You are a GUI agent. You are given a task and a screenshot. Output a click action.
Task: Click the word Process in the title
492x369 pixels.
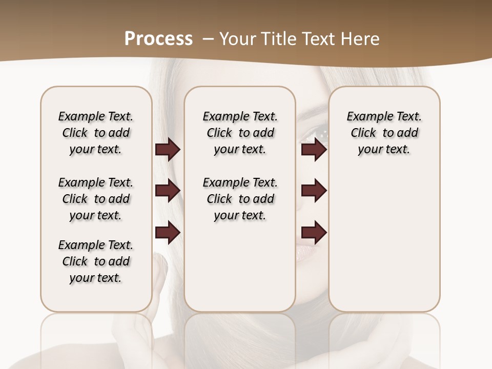[158, 38]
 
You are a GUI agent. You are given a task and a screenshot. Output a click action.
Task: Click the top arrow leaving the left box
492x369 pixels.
[168, 150]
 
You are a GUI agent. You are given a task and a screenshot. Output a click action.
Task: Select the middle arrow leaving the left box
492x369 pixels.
[168, 191]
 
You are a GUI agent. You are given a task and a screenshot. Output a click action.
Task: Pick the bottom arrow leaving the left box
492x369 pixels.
[168, 233]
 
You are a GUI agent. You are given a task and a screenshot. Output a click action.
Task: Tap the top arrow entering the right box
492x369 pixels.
[314, 150]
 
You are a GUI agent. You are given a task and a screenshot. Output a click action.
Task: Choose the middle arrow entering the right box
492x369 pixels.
[314, 191]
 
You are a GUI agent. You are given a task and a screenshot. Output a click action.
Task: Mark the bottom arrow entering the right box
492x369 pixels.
[314, 233]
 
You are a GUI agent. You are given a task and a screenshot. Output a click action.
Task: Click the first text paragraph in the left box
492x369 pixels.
[96, 133]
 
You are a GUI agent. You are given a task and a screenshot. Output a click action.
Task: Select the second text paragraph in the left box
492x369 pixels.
[96, 199]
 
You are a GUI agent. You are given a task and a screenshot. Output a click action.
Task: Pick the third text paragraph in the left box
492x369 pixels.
[96, 261]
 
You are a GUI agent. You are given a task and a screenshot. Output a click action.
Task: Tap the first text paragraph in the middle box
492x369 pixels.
[240, 133]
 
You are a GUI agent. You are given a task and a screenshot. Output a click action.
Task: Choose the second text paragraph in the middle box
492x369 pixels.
[240, 199]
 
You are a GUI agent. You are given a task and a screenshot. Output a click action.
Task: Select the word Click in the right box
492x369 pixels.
[363, 133]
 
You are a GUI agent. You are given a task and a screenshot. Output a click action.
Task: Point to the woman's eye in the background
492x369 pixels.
[314, 134]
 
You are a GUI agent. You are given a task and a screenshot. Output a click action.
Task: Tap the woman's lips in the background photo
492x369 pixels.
[307, 252]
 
